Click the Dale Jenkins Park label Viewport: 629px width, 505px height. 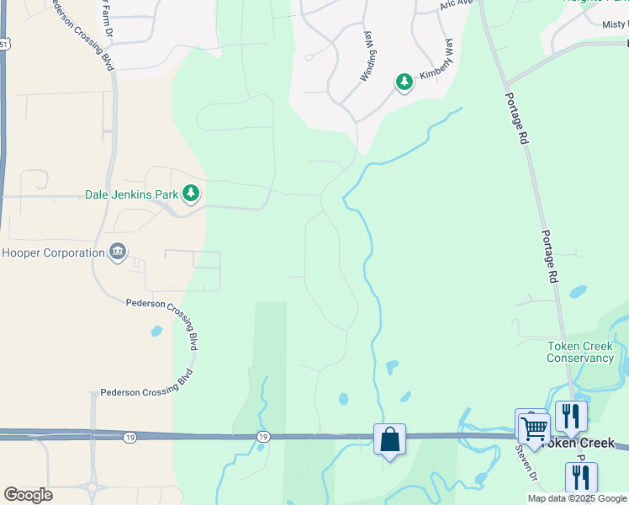pyautogui.click(x=132, y=194)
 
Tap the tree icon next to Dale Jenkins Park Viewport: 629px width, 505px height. pyautogui.click(x=192, y=194)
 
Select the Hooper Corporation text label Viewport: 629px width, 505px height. pyautogui.click(x=51, y=252)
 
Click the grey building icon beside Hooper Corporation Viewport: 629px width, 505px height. pyautogui.click(x=118, y=252)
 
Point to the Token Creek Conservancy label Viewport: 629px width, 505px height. pyautogui.click(x=580, y=352)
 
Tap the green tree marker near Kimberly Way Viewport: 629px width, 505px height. pyautogui.click(x=404, y=82)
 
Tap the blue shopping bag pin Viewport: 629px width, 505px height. pyautogui.click(x=389, y=439)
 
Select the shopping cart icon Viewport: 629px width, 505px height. pyautogui.click(x=534, y=428)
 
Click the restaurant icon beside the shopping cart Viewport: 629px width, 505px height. pyautogui.click(x=571, y=416)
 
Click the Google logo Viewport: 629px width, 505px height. pyautogui.click(x=28, y=495)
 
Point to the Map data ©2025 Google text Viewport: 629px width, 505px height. pyautogui.click(x=577, y=498)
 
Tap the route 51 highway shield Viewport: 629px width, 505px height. pyautogui.click(x=3, y=44)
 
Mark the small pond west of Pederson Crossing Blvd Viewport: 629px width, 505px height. pyautogui.click(x=156, y=331)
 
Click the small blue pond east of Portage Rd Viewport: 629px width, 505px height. pyautogui.click(x=578, y=292)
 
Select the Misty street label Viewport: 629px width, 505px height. pyautogui.click(x=616, y=24)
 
